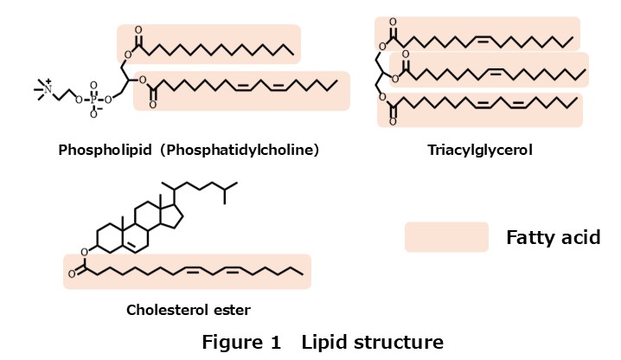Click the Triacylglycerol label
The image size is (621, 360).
[x=479, y=150]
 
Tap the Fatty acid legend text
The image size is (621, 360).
[x=553, y=237]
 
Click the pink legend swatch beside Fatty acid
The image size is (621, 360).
[x=445, y=237]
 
